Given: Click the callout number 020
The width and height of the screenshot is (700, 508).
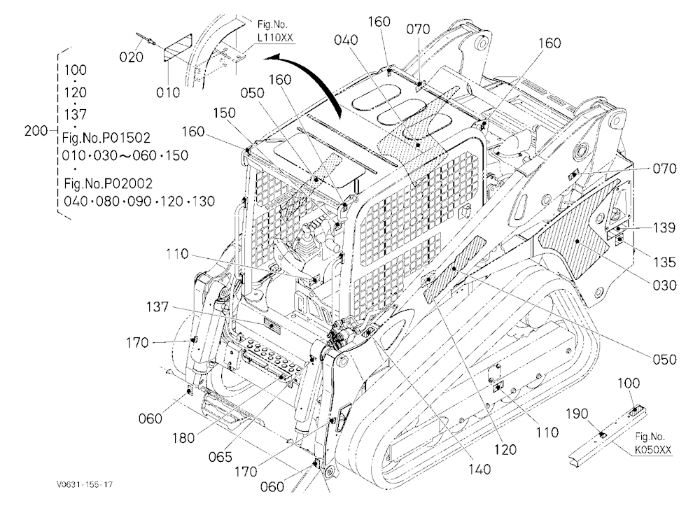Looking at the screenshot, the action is coord(132,57).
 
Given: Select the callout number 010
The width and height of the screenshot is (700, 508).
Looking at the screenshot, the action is coord(168,92).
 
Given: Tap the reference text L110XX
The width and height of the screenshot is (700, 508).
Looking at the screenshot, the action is coord(275,38).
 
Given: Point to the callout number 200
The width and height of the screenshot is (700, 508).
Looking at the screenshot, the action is coord(36,131).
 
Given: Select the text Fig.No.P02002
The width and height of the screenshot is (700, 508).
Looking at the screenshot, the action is coord(108,183).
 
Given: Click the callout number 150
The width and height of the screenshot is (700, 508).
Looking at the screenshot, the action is coord(224,113).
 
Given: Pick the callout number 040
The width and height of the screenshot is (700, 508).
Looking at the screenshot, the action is coord(346,40).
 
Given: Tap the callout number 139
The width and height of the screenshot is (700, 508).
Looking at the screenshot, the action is coord(664,227).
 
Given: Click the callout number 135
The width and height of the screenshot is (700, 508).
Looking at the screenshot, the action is coord(664,262).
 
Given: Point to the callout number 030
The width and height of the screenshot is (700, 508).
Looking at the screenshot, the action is coord(664,285).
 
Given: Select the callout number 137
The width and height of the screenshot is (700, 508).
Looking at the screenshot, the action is coord(157,307).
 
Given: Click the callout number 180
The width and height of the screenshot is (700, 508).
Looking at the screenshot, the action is coord(183,438).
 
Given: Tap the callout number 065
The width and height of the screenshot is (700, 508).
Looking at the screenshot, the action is coord(220,457).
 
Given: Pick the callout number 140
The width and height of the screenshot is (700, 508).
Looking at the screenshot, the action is coord(479,470).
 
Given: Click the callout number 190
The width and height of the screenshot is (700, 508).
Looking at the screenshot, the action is coord(577,414).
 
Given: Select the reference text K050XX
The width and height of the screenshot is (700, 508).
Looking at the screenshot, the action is coord(653,450).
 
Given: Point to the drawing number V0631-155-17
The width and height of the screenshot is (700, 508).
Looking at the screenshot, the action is coord(85,484).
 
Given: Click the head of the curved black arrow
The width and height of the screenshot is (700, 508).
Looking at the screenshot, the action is coord(270,58).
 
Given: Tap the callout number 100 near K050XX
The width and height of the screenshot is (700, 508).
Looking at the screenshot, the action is coord(629,383).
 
